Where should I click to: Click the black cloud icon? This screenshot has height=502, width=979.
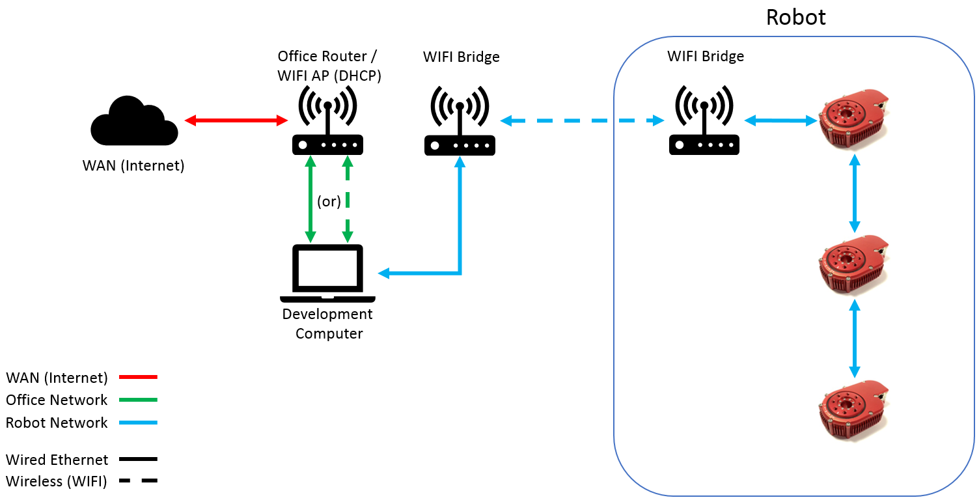click(x=134, y=122)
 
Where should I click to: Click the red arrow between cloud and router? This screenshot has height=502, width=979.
click(x=236, y=120)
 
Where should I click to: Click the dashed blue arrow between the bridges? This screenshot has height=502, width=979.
click(x=582, y=120)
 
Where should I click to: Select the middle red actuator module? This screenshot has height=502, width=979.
click(x=853, y=266)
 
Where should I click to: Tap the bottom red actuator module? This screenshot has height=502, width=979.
click(x=853, y=410)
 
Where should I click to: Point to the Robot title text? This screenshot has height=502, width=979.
click(x=795, y=17)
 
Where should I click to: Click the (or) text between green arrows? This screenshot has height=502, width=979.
click(x=329, y=201)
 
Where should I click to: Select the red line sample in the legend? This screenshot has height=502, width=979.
click(x=139, y=377)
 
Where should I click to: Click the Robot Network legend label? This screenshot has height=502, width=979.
click(x=57, y=423)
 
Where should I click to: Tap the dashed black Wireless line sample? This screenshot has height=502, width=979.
click(x=139, y=481)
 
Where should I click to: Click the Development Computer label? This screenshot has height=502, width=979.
click(x=327, y=324)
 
